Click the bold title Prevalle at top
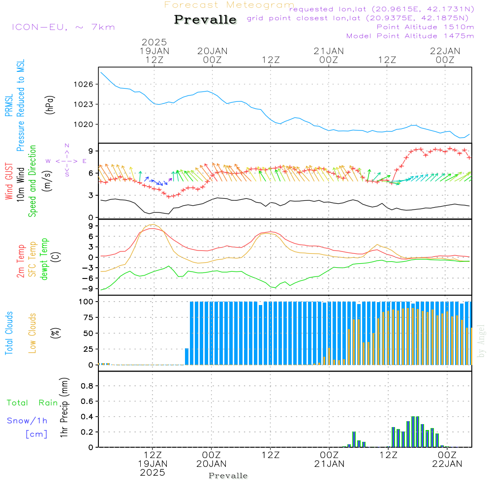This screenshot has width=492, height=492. (205, 20)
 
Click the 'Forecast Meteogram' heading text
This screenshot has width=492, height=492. (229, 5)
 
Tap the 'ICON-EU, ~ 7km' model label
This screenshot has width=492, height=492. (63, 27)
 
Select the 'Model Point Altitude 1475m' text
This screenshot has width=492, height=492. (410, 36)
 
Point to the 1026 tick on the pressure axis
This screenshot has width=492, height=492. (84, 85)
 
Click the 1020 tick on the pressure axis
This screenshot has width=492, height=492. (84, 124)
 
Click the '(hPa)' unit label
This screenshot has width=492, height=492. (50, 105)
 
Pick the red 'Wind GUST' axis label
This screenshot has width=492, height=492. (9, 182)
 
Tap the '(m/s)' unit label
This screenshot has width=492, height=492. (47, 181)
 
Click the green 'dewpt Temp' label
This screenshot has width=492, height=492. (44, 259)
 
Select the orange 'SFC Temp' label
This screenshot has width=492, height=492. (32, 259)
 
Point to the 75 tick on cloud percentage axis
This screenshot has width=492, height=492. (88, 317)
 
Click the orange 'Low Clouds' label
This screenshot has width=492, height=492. (32, 333)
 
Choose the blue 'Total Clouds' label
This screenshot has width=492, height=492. (9, 333)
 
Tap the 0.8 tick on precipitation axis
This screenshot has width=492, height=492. (87, 386)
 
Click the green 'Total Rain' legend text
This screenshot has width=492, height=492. (32, 403)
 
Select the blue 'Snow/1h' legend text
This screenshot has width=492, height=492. (27, 421)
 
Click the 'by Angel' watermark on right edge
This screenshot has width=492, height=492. (481, 341)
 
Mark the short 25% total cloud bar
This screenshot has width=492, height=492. (186, 356)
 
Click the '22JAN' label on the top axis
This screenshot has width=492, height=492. (445, 51)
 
